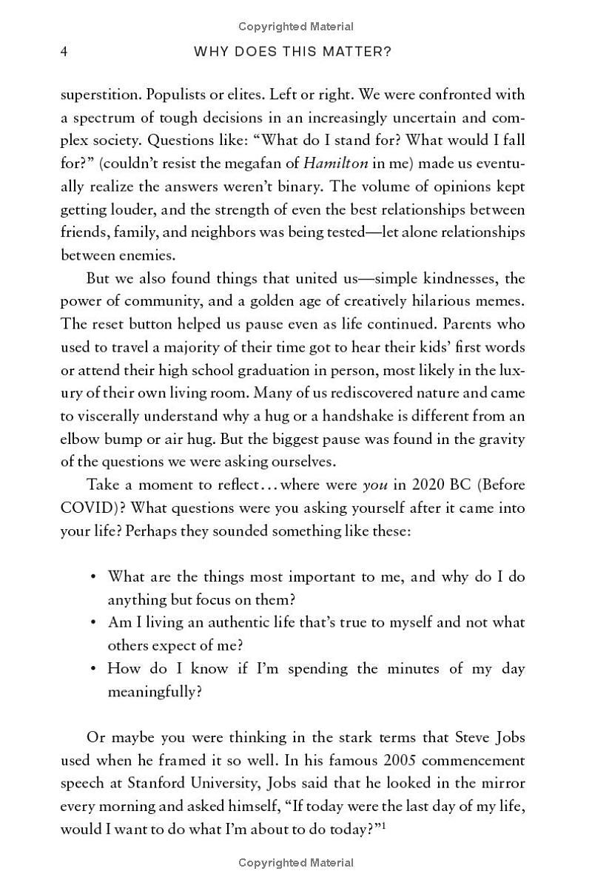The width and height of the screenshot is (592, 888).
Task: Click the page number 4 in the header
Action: point(64,52)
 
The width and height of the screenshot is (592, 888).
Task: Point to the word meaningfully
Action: point(153,692)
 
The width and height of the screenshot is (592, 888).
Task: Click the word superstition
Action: point(99,95)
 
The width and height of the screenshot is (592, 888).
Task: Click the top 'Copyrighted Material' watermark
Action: point(296,27)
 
